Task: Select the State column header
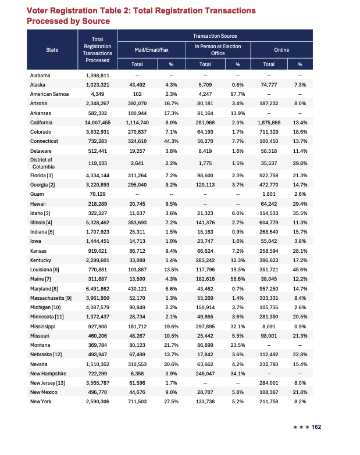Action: (52, 50)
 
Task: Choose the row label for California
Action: (42, 123)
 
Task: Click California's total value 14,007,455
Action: (97, 123)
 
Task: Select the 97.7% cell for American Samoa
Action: (237, 94)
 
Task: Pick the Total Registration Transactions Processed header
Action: (97, 50)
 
